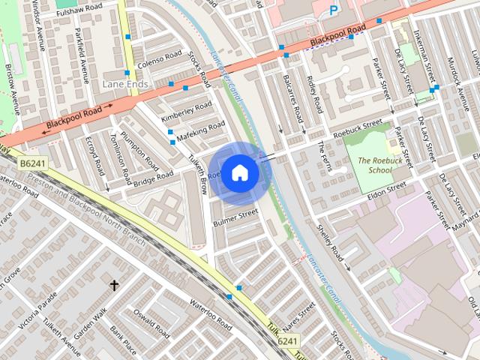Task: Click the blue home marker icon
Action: coord(239,172)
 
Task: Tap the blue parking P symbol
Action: coord(334,10)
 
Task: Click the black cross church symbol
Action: coord(115,285)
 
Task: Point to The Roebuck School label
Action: coord(375,165)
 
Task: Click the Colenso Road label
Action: coord(159,57)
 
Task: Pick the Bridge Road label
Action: coord(155,178)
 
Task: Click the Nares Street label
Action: coord(298,318)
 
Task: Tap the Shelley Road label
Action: coord(331,247)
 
